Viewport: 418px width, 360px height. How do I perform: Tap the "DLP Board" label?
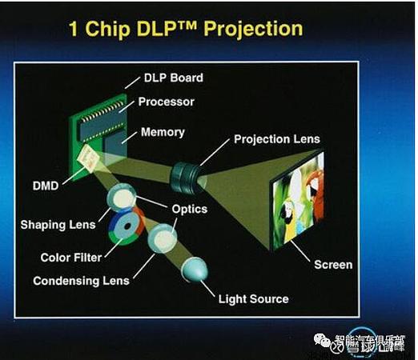(x=173, y=78)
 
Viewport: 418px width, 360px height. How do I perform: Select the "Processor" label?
(x=167, y=102)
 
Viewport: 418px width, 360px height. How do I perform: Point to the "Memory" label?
(x=163, y=132)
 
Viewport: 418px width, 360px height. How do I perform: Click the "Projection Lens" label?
(x=276, y=139)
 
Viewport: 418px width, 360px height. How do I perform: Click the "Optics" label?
(x=189, y=209)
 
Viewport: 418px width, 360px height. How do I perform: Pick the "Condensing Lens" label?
(x=81, y=281)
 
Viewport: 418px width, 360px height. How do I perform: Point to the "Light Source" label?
(x=253, y=299)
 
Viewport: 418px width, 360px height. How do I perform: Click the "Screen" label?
(x=332, y=264)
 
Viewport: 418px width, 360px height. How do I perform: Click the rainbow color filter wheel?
(x=127, y=222)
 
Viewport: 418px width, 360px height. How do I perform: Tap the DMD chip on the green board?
(x=90, y=163)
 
